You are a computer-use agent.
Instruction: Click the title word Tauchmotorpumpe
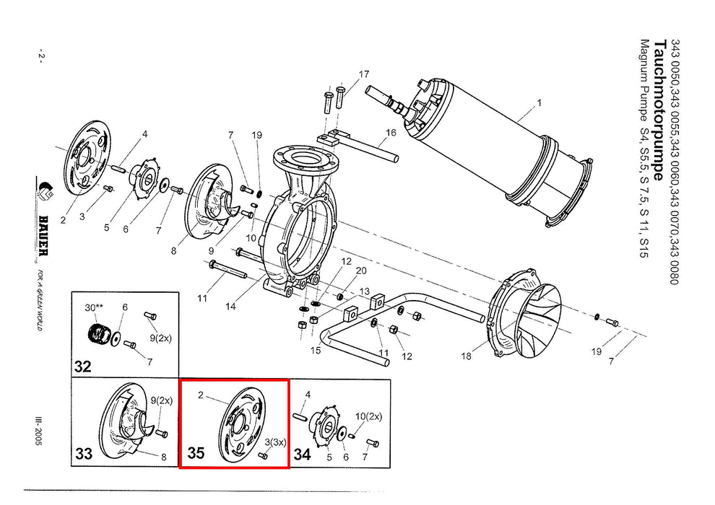659,110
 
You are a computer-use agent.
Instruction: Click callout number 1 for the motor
539,103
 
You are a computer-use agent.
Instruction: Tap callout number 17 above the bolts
363,74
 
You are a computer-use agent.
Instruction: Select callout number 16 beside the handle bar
391,133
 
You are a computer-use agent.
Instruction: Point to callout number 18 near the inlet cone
466,356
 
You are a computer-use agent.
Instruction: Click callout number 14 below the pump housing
230,307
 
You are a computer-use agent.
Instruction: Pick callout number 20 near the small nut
360,271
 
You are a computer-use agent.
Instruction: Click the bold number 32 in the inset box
82,366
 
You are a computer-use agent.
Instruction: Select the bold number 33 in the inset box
84,454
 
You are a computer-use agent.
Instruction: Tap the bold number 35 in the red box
196,452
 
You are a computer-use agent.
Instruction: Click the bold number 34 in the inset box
302,454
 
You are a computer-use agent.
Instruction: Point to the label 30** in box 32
95,307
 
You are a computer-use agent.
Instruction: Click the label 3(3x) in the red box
275,442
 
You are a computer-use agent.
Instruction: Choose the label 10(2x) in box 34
368,417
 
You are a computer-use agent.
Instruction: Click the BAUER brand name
43,234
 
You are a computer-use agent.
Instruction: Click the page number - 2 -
41,56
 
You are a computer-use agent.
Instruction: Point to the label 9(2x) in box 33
162,400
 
